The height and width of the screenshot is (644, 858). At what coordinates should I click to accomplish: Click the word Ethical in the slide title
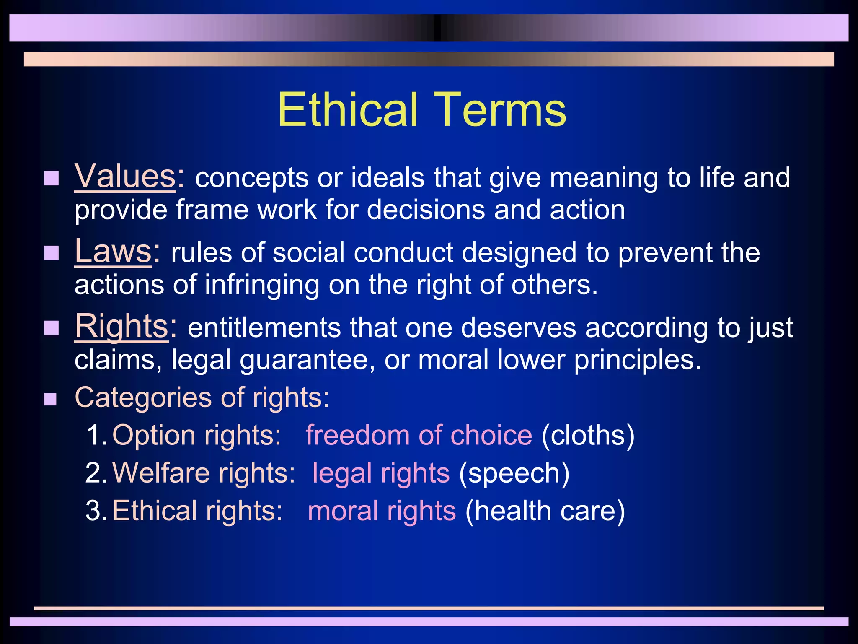click(347, 110)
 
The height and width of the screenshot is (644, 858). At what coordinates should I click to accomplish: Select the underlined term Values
click(125, 176)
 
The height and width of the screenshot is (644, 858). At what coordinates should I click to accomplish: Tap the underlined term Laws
click(113, 251)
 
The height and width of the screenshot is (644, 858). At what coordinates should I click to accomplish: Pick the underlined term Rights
click(121, 326)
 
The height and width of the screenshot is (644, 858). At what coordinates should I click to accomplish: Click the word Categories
click(143, 397)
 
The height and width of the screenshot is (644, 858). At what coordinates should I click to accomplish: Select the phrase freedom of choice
click(419, 435)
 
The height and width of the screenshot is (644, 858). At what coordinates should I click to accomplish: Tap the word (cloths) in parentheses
click(588, 435)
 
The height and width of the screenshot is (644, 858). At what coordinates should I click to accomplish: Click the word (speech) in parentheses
click(514, 473)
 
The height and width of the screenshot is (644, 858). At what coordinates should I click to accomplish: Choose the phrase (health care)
click(545, 511)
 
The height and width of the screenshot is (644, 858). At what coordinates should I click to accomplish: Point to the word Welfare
click(161, 473)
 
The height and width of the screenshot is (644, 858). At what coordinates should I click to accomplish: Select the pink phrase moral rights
click(382, 511)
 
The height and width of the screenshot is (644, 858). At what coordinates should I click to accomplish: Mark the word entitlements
click(264, 327)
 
